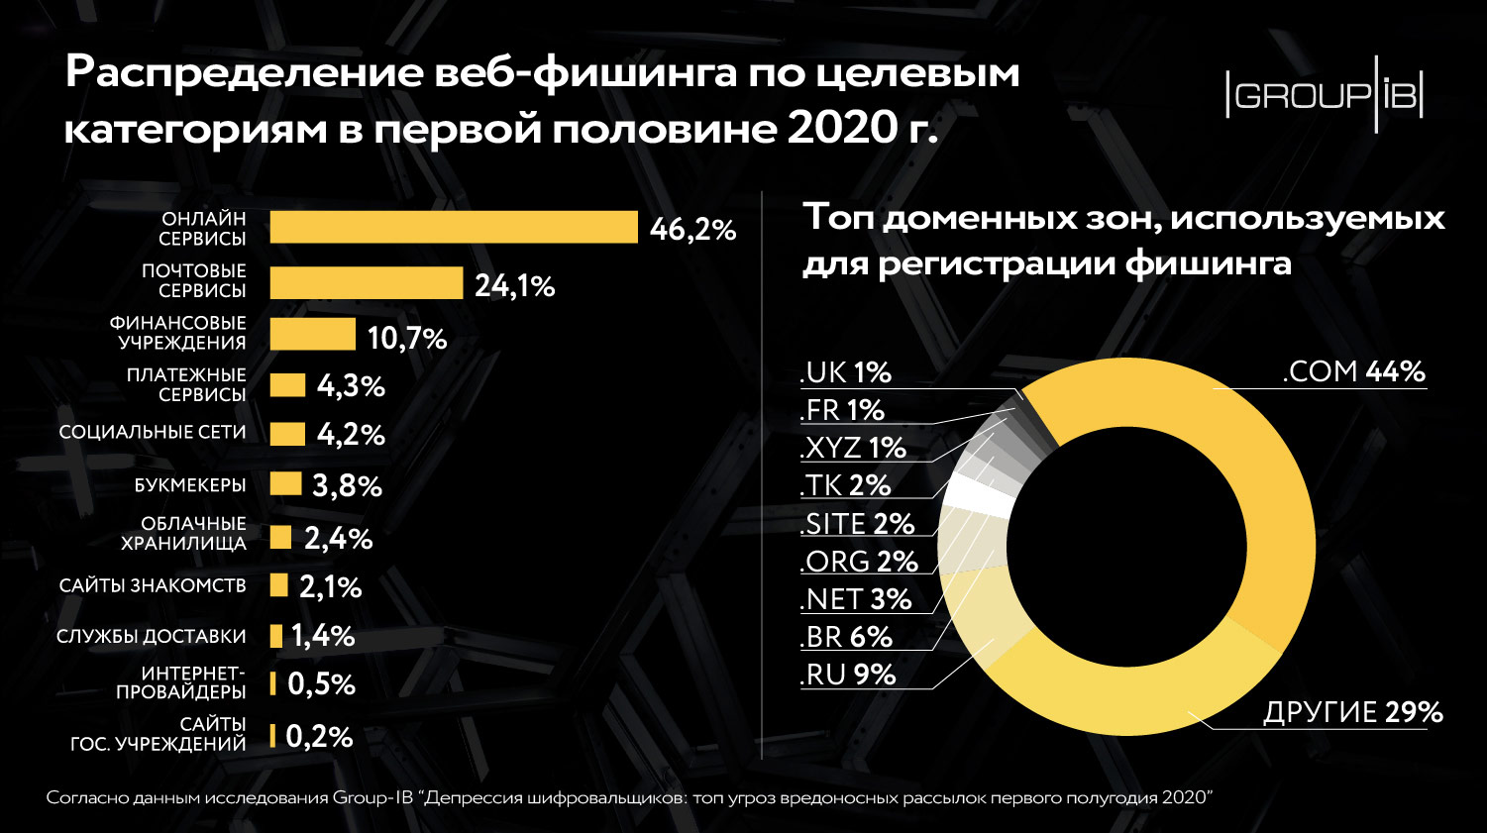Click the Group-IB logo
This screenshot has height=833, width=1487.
(x=1325, y=96)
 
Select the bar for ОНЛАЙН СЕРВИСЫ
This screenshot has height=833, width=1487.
(x=454, y=227)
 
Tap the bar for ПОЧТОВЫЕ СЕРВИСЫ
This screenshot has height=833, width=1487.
(x=367, y=283)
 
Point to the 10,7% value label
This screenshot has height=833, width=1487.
(x=407, y=339)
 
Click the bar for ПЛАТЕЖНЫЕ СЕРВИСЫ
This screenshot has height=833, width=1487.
(x=287, y=385)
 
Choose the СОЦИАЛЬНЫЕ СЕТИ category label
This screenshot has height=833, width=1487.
(x=153, y=433)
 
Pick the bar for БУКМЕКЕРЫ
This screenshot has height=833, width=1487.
(x=285, y=483)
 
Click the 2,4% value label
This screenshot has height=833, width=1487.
(x=338, y=539)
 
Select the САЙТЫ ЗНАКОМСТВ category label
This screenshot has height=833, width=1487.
(x=153, y=585)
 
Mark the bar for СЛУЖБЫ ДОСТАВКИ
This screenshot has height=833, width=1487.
(x=276, y=636)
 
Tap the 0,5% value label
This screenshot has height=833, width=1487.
(x=321, y=684)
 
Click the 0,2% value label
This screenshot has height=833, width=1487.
(x=319, y=737)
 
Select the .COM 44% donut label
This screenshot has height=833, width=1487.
(x=1353, y=371)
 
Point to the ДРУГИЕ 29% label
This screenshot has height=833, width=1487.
(x=1352, y=712)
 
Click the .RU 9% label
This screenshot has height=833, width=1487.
(x=847, y=675)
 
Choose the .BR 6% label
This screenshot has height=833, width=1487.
(x=846, y=637)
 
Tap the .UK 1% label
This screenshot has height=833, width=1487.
(x=845, y=372)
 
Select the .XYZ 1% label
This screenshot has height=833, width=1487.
(x=853, y=448)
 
